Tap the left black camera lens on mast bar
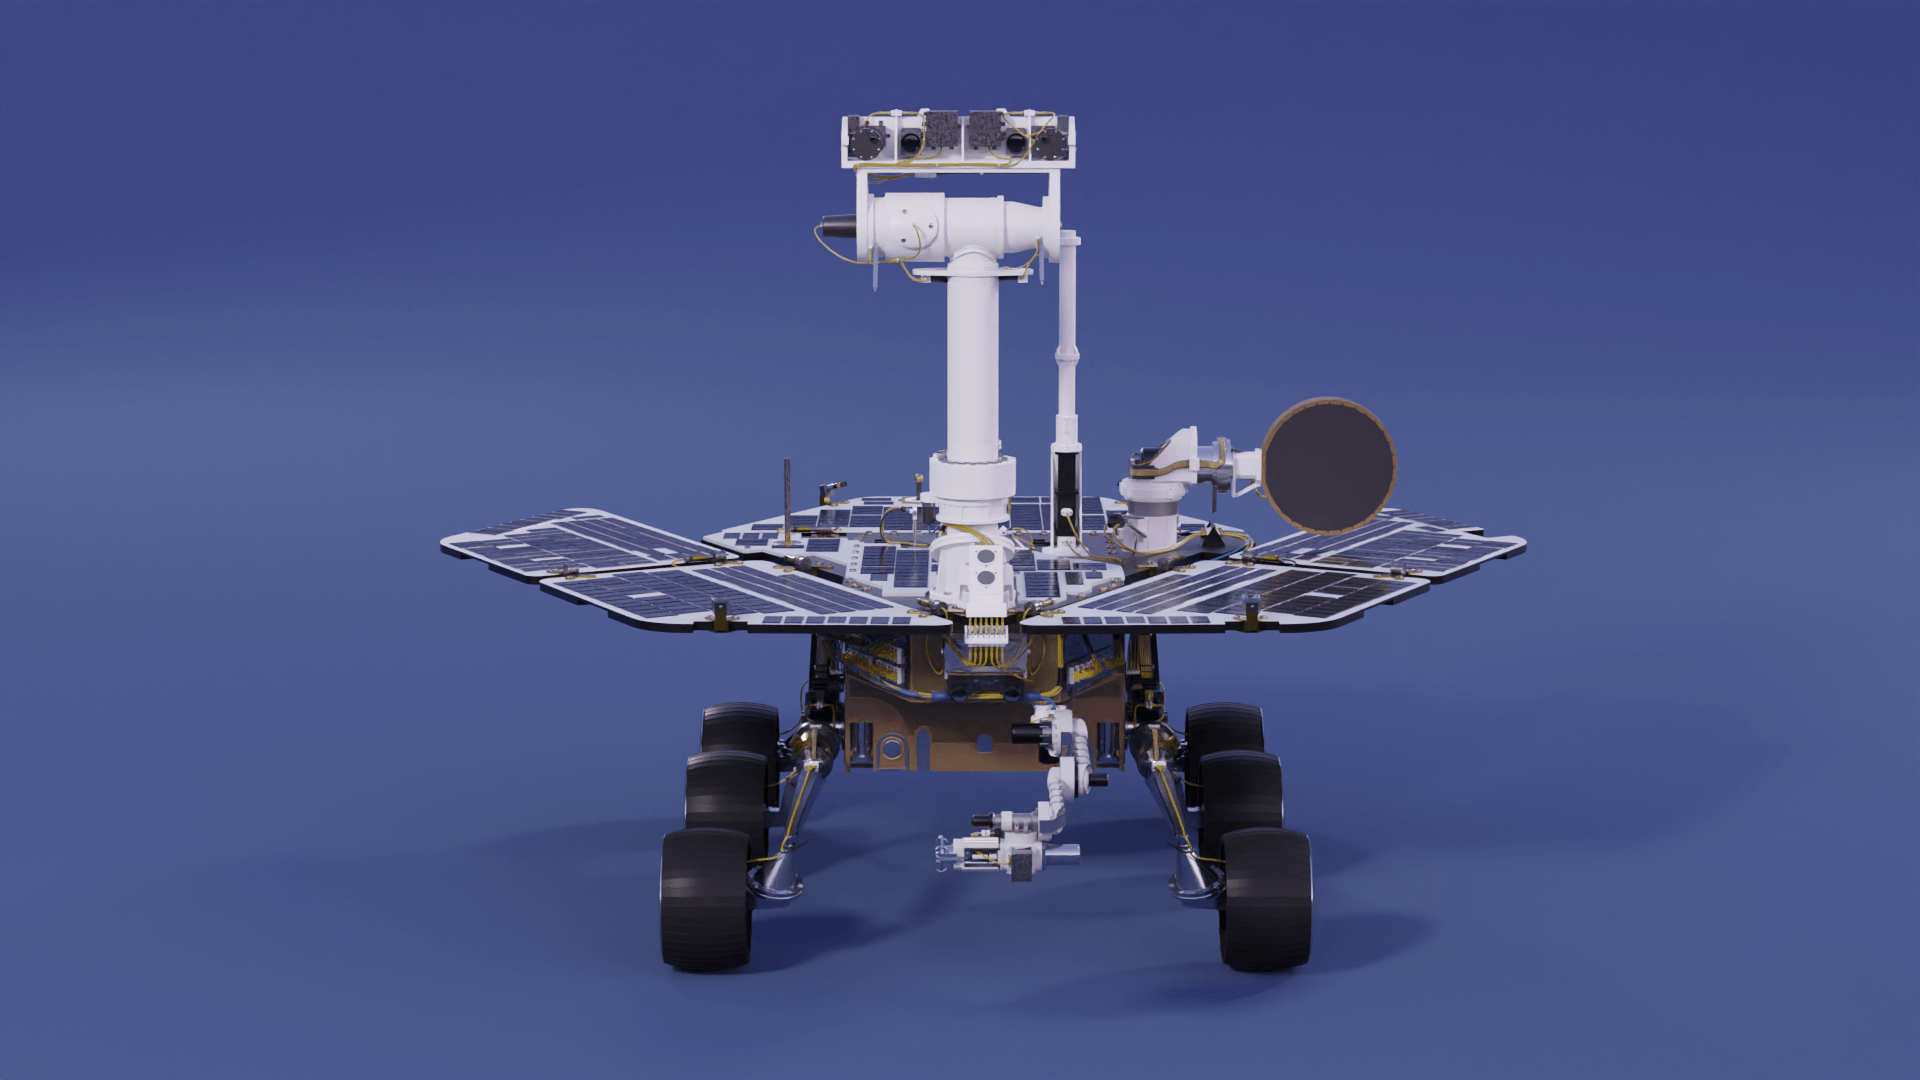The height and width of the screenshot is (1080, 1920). pos(910,142)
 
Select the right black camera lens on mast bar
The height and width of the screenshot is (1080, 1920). pos(1016,142)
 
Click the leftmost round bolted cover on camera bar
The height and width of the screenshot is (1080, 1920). pos(865,138)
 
